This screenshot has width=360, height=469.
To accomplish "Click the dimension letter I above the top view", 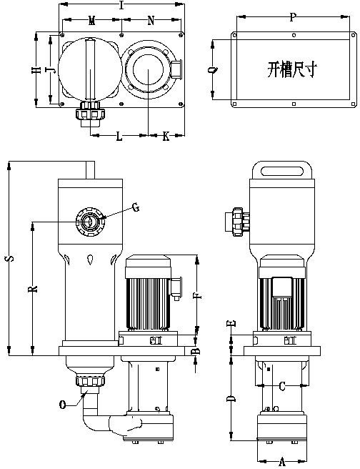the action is (x=121, y=5).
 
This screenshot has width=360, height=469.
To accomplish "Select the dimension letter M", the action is (x=91, y=21).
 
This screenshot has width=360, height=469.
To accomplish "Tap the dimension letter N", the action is (x=151, y=21).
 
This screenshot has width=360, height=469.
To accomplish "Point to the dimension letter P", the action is (x=292, y=17).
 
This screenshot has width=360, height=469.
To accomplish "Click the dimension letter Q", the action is (x=213, y=69).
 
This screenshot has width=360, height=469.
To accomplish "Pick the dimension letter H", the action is (x=36, y=70).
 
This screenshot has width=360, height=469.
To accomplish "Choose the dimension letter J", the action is (x=51, y=70).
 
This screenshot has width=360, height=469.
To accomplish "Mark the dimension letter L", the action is (x=119, y=137).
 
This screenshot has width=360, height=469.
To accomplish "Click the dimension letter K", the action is (x=166, y=137).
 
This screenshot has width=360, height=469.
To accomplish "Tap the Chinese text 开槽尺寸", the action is (x=292, y=69).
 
